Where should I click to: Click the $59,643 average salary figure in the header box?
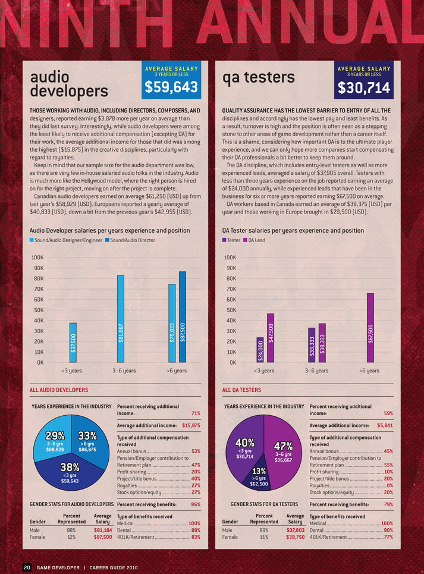click(x=171, y=88)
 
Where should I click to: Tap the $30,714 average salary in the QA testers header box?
click(x=363, y=88)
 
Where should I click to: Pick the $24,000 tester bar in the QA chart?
click(x=260, y=350)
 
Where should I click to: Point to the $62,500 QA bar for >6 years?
click(x=370, y=327)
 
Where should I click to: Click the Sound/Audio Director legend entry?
click(x=130, y=240)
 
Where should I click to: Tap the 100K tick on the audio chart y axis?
click(x=36, y=258)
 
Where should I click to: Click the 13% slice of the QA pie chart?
click(x=259, y=479)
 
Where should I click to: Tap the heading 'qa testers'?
click(x=259, y=77)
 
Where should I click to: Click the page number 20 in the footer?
click(x=27, y=567)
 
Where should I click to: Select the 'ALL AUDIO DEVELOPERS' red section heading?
click(x=59, y=390)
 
